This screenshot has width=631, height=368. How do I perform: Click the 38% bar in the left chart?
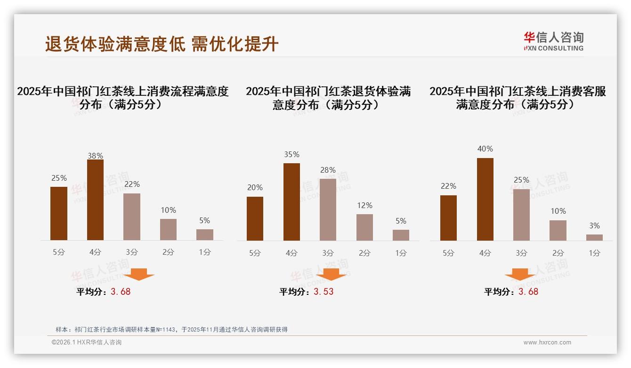point(95,200)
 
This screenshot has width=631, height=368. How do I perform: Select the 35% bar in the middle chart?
point(291,202)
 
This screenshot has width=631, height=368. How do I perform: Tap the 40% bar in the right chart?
point(485,199)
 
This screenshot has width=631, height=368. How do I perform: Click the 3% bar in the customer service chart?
point(594,237)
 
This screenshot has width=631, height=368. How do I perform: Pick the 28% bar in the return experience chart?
point(328,209)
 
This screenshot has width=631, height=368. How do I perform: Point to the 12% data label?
point(364,205)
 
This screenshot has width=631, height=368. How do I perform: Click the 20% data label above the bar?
point(255,187)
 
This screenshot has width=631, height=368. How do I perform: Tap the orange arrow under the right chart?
point(520,275)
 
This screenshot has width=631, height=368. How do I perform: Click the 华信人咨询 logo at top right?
point(553,41)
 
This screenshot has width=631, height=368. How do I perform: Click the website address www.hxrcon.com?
point(547,343)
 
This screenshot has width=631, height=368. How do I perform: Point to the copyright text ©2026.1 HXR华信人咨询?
point(87,343)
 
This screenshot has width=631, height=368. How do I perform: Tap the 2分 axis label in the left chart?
point(168,252)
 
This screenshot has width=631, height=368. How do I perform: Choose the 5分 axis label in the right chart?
point(448,253)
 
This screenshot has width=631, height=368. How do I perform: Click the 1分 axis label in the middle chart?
point(401,253)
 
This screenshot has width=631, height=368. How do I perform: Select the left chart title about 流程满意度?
point(122,97)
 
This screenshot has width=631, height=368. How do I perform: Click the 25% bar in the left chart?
point(59,213)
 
